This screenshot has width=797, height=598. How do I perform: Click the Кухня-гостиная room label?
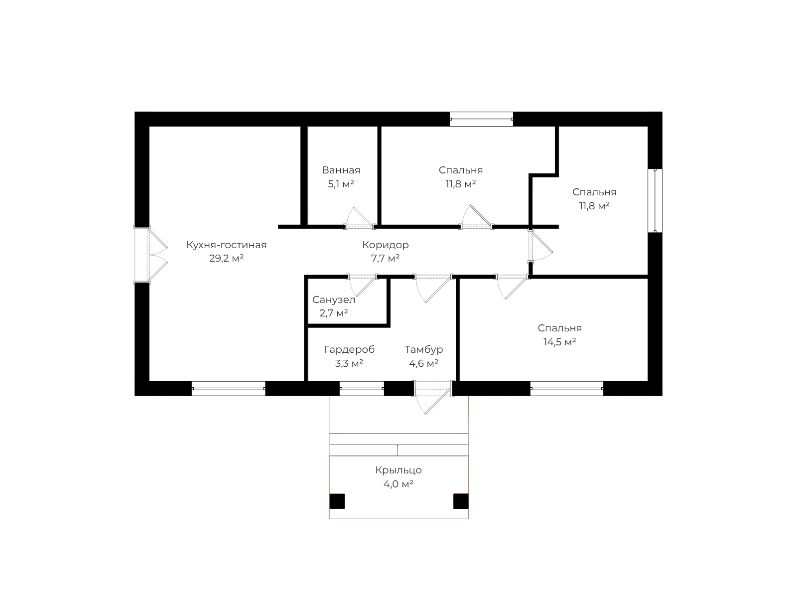pos(226,245)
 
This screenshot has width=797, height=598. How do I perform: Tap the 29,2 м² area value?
pos(226,259)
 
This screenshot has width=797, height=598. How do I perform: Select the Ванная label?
pos(341,170)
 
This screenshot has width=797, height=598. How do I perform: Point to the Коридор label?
pos(385,245)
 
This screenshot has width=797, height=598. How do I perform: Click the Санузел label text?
pos(334,300)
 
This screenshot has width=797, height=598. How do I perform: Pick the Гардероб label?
pos(349,350)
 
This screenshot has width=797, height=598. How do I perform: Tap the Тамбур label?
pos(424,350)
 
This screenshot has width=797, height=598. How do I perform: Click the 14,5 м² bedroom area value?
pos(559,342)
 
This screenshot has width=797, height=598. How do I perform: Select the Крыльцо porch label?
pos(398,470)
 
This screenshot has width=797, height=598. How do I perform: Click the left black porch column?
pos(337,501)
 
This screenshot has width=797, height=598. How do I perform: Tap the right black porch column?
pos(461,501)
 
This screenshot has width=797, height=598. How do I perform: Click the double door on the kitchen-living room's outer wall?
pos(151,255)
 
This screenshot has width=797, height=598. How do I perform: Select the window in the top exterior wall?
pos(481,119)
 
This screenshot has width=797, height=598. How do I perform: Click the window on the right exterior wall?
pos(655,200)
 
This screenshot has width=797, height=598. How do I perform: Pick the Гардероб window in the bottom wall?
pos(362,389)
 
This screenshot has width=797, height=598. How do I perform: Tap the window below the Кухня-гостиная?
pos(228,389)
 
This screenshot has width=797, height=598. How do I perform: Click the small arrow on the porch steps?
pos(398,450)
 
